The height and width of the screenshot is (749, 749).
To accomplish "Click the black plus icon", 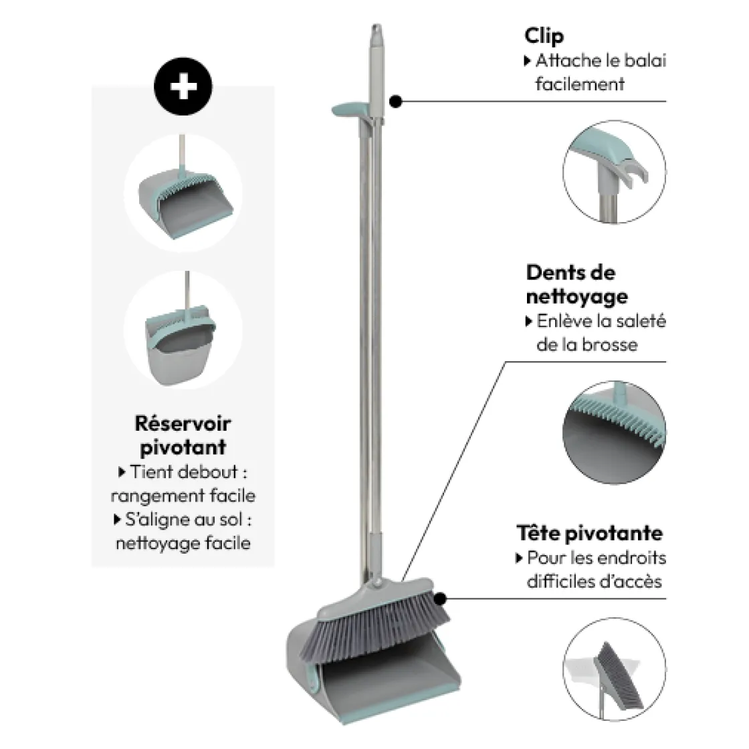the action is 183,86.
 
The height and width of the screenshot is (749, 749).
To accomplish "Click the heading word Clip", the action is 544,36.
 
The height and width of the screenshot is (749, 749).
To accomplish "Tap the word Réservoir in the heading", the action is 183,423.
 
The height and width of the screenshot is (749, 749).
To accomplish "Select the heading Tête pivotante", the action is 589,533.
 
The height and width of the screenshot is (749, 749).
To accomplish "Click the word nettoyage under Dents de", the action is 576,297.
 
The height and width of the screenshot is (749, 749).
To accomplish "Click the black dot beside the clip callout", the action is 395,101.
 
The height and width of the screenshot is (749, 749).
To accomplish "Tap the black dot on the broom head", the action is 440,599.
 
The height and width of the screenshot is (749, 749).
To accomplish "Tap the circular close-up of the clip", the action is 614,172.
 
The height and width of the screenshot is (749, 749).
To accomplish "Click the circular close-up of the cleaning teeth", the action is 615,432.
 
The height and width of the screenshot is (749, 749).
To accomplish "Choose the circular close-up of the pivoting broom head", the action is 615,669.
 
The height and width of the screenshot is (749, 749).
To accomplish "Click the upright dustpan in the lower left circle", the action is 181,344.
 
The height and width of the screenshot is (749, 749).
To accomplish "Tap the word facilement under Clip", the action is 580,84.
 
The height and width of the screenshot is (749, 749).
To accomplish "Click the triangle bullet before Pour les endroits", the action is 519,558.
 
